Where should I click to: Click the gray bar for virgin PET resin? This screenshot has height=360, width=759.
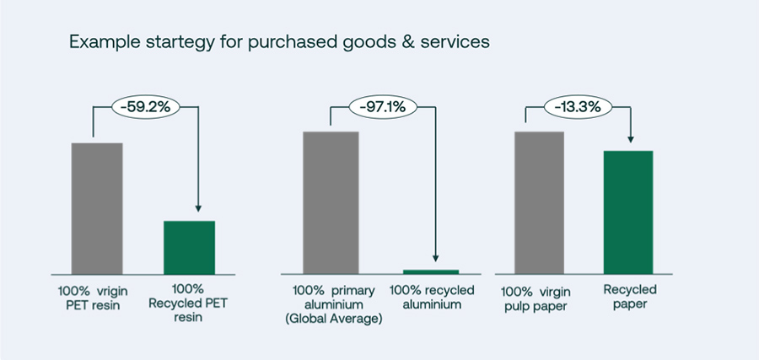click(x=97, y=207)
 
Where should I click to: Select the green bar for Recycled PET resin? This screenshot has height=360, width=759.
click(x=190, y=246)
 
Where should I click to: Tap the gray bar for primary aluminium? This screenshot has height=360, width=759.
click(x=331, y=201)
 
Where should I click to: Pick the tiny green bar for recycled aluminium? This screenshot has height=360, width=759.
click(x=431, y=271)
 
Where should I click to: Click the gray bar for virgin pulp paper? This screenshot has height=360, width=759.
click(x=539, y=201)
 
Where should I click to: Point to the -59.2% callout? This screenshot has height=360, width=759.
click(x=146, y=108)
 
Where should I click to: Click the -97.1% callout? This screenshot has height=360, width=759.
click(x=383, y=108)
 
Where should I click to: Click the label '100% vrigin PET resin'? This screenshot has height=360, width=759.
click(x=92, y=298)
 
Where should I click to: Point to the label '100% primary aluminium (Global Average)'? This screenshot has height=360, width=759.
click(x=334, y=304)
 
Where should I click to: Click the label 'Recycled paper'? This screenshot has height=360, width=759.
click(x=629, y=298)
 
